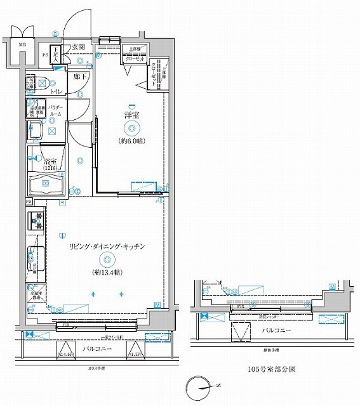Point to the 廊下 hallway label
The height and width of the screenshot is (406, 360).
click(79, 77)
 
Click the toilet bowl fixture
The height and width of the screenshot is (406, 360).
click(41, 82)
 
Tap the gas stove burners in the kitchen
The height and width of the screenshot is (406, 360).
click(36, 223)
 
